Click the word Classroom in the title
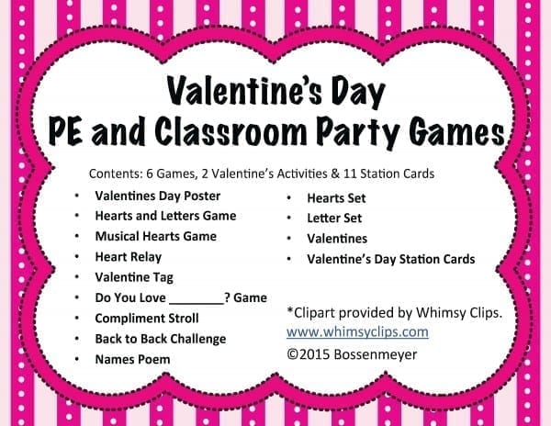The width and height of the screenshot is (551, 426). click(231, 131)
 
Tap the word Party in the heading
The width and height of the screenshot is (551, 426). click(358, 133)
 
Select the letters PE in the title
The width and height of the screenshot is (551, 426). click(65, 131)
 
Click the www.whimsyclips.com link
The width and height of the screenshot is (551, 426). click(357, 331)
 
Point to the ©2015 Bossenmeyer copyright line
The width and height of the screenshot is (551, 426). click(352, 354)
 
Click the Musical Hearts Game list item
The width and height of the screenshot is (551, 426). click(156, 236)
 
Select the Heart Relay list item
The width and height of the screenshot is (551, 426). click(129, 257)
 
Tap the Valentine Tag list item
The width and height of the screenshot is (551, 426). click(134, 277)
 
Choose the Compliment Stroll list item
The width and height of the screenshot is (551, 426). click(147, 319)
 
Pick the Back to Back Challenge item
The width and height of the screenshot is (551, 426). click(161, 339)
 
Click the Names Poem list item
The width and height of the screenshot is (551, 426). click(132, 359)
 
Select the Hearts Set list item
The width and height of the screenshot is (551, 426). click(336, 198)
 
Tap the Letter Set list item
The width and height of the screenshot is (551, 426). click(334, 219)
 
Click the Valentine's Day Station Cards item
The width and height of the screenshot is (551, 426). click(391, 259)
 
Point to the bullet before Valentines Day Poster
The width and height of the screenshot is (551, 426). click(76, 196)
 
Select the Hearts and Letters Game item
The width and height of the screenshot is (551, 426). click(165, 216)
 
